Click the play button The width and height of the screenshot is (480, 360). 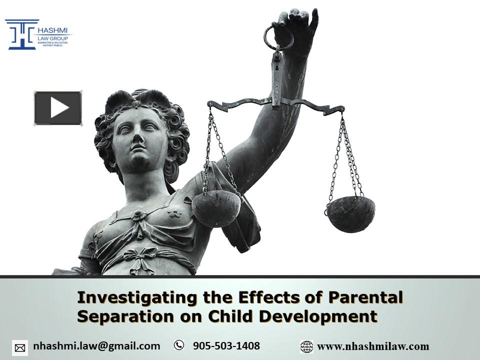[x=58, y=108]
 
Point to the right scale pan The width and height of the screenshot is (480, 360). [x=350, y=213]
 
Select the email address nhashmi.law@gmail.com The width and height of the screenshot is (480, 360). [x=96, y=346]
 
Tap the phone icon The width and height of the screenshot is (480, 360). [x=178, y=345]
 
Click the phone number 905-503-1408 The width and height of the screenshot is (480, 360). [x=226, y=346]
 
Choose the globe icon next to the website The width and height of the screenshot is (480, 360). [x=306, y=346]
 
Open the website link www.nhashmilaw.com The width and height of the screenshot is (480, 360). [x=373, y=346]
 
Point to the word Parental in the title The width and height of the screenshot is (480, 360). [x=365, y=298]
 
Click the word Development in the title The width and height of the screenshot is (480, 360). [x=321, y=316]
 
